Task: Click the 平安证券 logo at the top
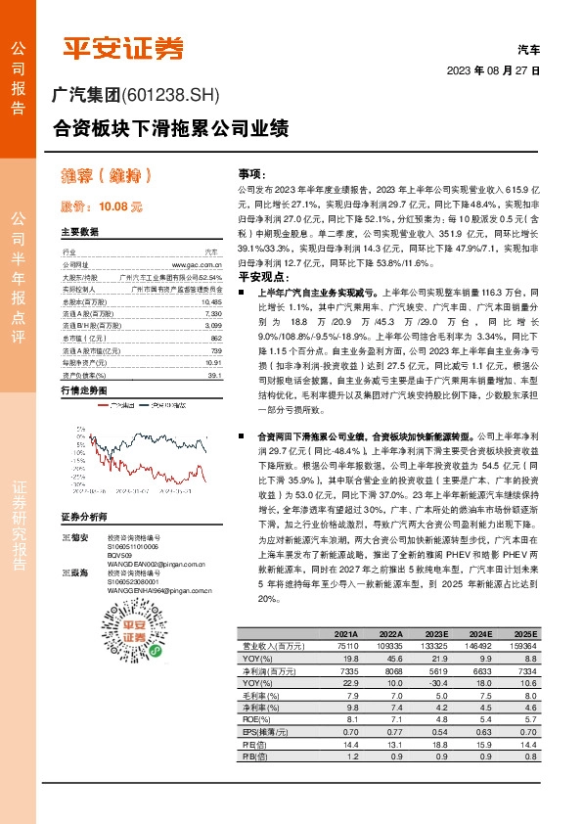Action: coord(124,47)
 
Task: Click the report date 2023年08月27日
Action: coord(493,71)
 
